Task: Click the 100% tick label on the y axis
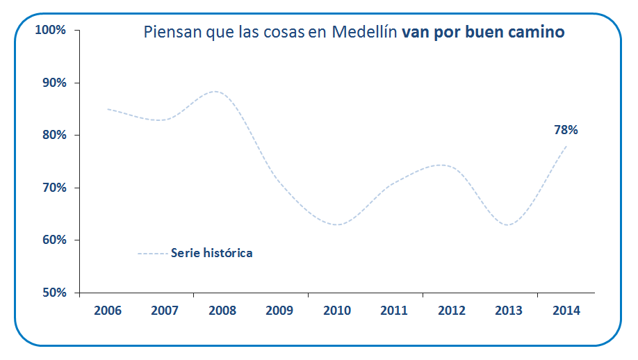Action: point(50,30)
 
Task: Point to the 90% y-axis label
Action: point(53,83)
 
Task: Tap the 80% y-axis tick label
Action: point(53,135)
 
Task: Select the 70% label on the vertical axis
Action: point(53,188)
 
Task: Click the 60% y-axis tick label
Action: point(53,240)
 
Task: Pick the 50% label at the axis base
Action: point(53,293)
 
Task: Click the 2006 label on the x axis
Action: point(107,311)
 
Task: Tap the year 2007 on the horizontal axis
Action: point(165,311)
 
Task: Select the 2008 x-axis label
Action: point(222,311)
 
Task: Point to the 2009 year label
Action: point(279,311)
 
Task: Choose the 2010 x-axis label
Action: point(336,311)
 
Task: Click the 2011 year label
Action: point(394,311)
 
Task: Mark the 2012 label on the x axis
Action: point(451,311)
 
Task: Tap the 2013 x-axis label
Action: point(509,311)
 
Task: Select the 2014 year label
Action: point(566,311)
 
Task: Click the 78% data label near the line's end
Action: point(566,130)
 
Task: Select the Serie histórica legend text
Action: point(211,253)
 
